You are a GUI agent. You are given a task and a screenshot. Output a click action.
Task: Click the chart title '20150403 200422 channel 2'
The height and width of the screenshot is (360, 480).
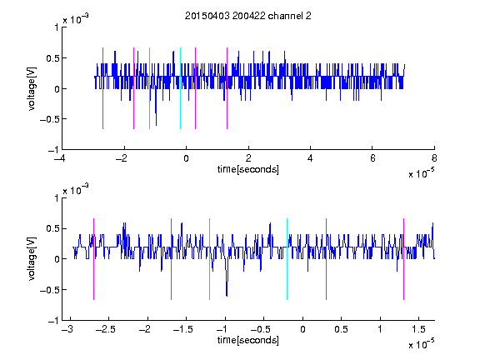tap(248, 16)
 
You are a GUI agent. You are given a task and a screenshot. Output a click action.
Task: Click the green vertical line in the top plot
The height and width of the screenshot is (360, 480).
tap(149, 88)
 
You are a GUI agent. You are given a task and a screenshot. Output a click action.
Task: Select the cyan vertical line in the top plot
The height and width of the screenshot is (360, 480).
tap(180, 88)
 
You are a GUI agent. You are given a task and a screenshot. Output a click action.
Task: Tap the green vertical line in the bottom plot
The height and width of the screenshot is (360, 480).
tap(210, 259)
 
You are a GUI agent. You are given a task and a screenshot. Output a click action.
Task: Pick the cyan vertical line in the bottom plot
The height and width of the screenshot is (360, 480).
tap(287, 259)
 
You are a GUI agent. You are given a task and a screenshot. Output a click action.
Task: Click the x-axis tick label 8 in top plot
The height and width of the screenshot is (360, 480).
tap(434, 158)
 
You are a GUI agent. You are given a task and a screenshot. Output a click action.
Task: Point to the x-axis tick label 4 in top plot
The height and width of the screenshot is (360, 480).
tap(310, 158)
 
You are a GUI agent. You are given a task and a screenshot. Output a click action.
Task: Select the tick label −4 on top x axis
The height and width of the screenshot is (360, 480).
tap(60, 158)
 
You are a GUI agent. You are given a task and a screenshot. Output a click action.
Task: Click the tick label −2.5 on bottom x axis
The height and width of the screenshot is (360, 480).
tap(106, 329)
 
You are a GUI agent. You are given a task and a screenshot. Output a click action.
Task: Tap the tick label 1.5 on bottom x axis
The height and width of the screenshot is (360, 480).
tap(418, 329)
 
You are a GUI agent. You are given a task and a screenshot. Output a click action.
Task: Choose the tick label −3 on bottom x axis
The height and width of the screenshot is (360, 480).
tap(67, 329)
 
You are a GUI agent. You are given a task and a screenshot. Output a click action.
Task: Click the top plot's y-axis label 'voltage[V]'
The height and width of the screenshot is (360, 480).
tap(32, 88)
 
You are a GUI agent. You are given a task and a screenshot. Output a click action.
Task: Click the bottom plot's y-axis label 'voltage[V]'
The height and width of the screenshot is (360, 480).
tap(32, 259)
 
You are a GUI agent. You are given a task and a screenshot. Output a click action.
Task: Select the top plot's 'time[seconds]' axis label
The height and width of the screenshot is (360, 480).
tap(248, 169)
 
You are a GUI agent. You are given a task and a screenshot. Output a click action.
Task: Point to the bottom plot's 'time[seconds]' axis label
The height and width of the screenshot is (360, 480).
tap(248, 340)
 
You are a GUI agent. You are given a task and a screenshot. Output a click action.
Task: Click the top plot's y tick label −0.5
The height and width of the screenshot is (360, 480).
tap(49, 119)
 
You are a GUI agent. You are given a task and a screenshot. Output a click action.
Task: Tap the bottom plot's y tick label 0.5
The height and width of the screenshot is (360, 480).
tap(52, 228)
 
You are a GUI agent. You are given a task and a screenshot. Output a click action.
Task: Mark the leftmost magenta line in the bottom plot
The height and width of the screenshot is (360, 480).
tap(93, 259)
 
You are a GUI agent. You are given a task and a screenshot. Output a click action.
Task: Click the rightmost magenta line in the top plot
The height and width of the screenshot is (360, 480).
tap(227, 88)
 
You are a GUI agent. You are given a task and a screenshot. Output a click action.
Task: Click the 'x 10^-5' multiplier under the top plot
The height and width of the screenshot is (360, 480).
tap(422, 173)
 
